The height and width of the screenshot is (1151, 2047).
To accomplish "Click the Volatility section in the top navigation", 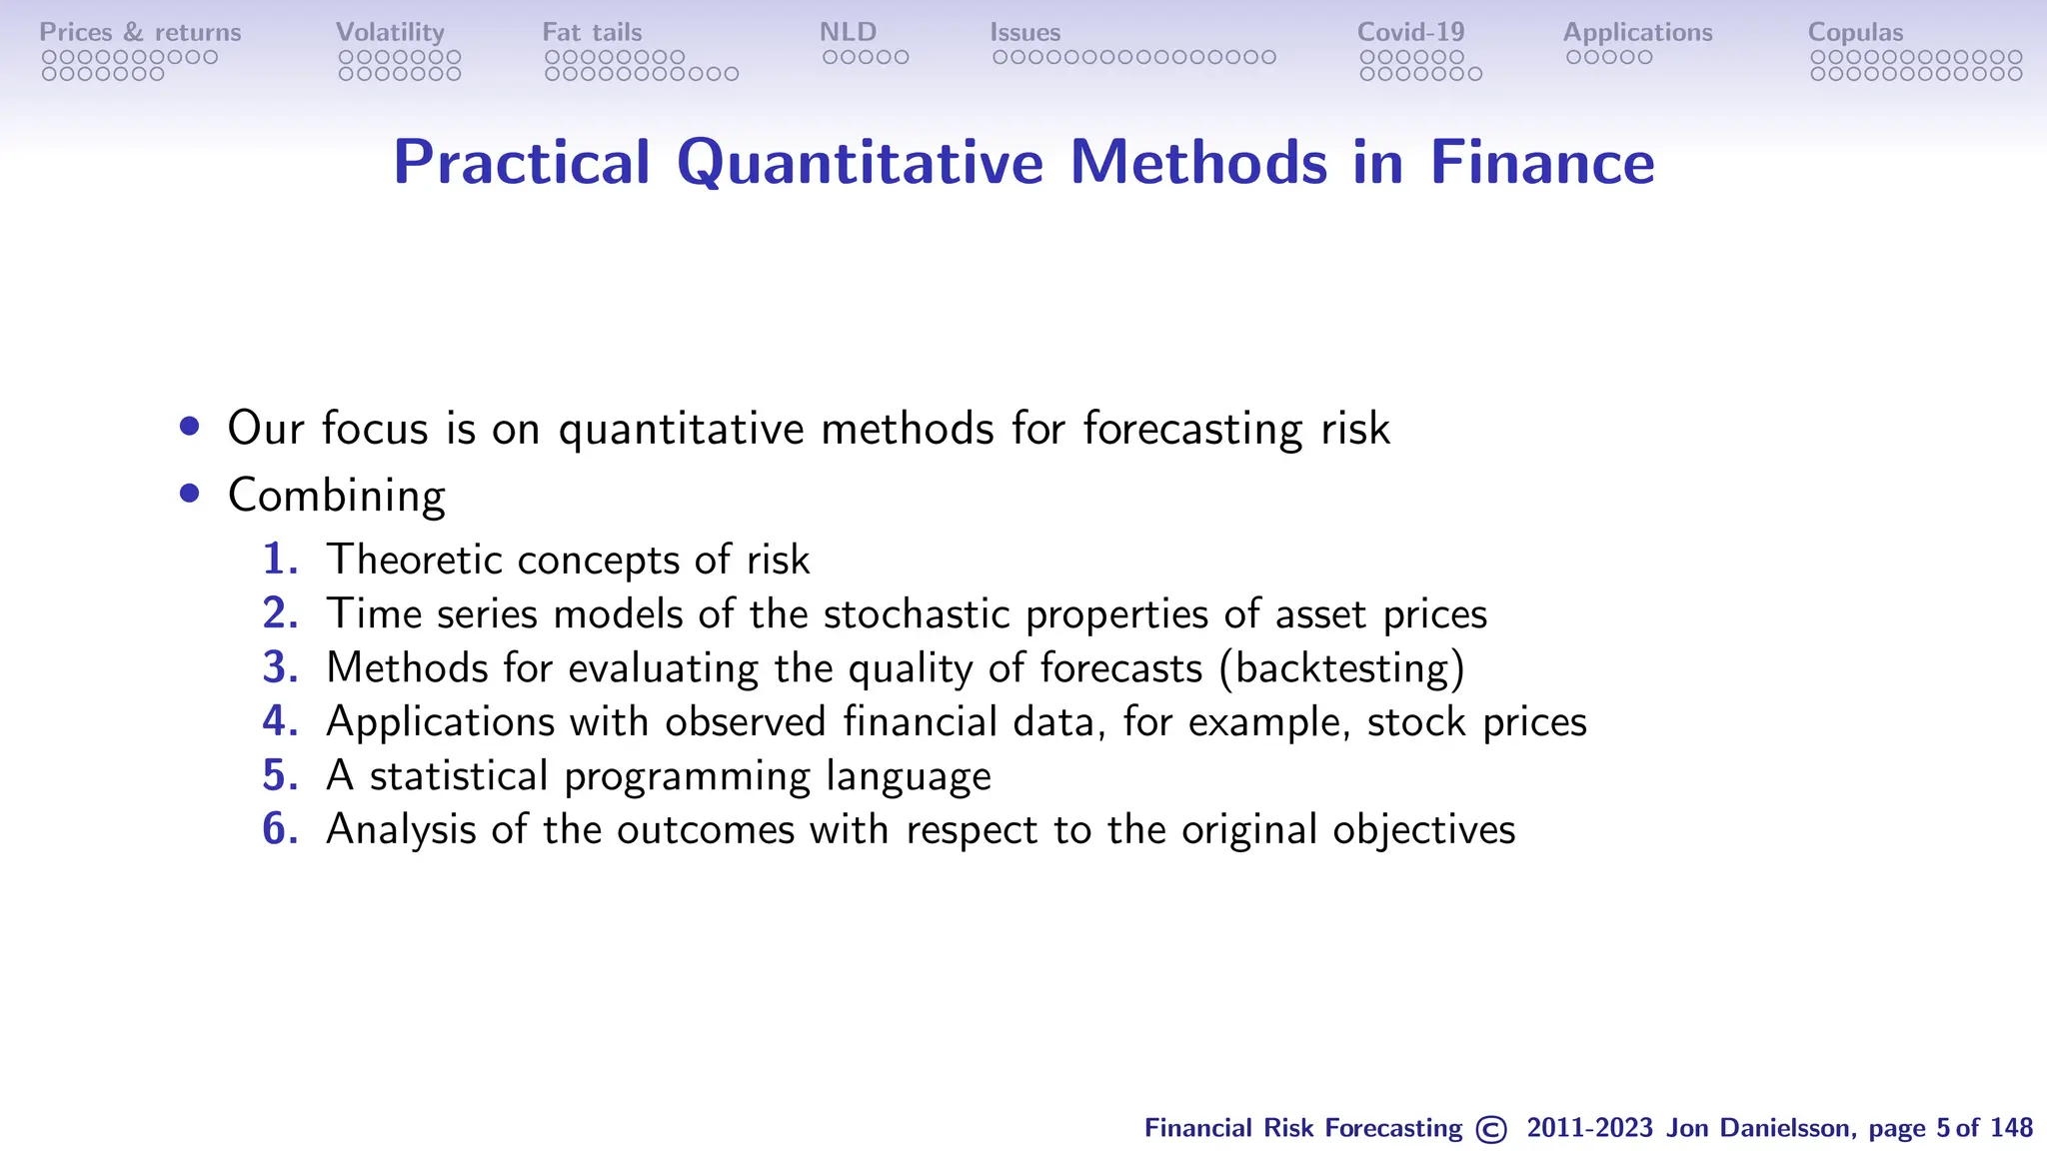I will tap(390, 32).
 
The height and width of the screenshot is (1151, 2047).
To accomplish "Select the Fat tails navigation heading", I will tap(592, 32).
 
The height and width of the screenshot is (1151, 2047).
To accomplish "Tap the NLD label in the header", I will tap(848, 32).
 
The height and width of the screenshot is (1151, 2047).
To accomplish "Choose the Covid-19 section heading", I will tap(1410, 32).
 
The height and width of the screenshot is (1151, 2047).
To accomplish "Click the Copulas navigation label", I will tap(1855, 32).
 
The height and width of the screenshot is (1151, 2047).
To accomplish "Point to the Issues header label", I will tap(1024, 32).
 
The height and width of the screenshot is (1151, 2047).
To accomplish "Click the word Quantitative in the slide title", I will tap(860, 162).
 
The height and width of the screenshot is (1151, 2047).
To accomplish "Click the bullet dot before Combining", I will tap(190, 494).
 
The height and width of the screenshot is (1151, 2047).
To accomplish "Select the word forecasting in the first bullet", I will tap(1192, 430).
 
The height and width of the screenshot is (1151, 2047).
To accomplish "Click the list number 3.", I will tap(280, 667).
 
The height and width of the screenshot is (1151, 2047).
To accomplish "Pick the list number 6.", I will tap(280, 829).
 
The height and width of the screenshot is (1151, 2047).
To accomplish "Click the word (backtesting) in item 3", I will tap(1341, 667).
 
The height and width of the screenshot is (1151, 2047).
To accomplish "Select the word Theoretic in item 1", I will tap(414, 560).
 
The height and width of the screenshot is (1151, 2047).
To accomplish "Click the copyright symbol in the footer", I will tap(1490, 1129).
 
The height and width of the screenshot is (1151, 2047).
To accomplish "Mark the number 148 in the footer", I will tap(2011, 1128).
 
